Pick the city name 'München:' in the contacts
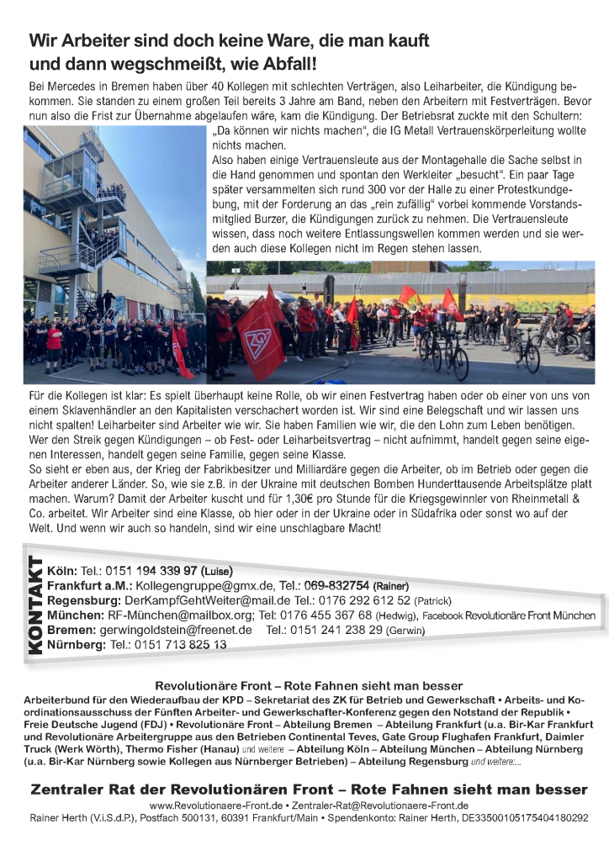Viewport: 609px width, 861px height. (74, 615)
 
